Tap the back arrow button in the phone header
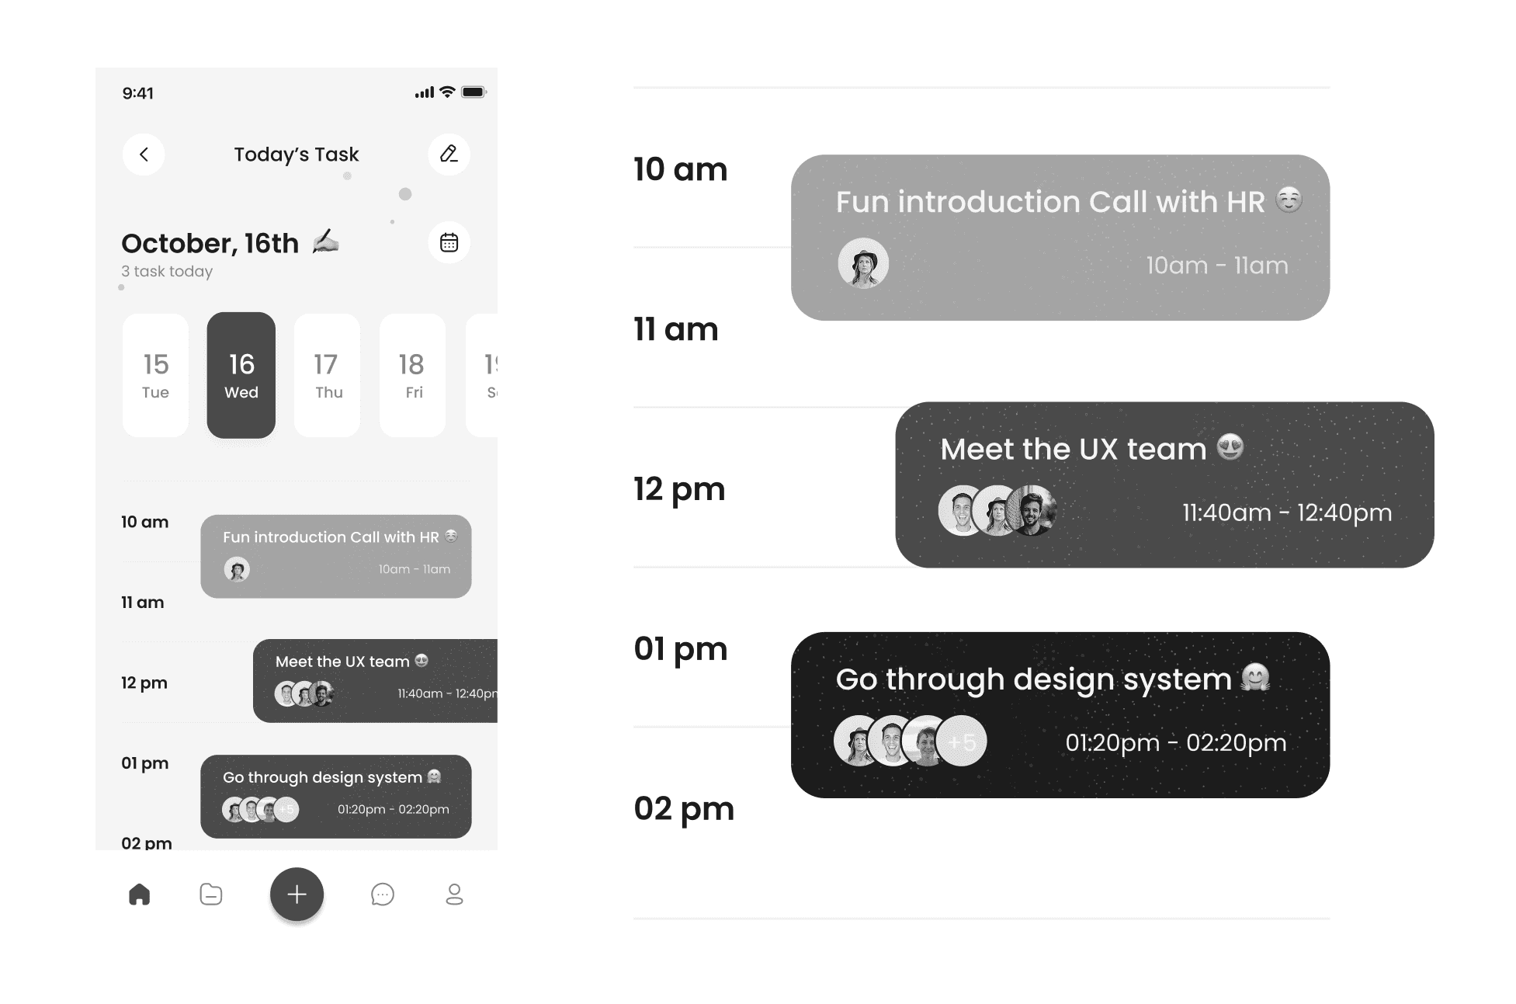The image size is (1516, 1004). (x=144, y=155)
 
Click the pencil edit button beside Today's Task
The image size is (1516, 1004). (x=449, y=154)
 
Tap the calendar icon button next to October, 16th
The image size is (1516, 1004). (x=449, y=243)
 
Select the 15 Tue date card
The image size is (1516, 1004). (x=155, y=376)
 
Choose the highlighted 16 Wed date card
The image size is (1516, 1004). (x=241, y=376)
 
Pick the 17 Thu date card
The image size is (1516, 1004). (x=328, y=376)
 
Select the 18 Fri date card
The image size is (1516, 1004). (x=413, y=376)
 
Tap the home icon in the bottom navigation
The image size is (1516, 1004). (x=140, y=895)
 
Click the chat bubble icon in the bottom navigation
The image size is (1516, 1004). (x=383, y=895)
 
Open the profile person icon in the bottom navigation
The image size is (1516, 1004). (x=455, y=895)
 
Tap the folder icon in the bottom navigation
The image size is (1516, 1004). (x=211, y=895)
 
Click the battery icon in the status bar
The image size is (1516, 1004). (x=474, y=92)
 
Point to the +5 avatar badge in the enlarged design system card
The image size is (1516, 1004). (x=962, y=741)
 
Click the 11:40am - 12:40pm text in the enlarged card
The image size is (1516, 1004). (x=1287, y=512)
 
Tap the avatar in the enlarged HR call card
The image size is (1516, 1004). (x=863, y=263)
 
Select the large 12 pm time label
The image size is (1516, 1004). (x=679, y=490)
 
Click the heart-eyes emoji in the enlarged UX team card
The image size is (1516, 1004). (x=1230, y=447)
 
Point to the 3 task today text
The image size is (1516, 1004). (x=167, y=271)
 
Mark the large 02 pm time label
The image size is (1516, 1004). (x=684, y=809)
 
